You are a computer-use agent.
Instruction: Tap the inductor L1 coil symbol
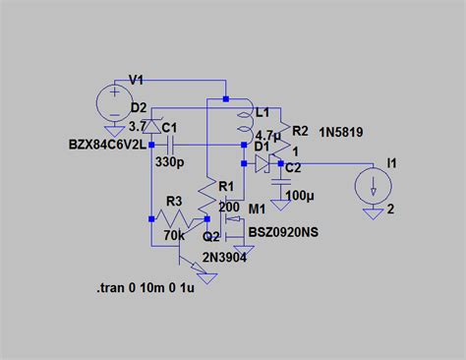coord(244,123)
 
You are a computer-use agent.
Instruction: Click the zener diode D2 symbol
coord(152,126)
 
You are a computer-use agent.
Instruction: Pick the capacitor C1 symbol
coord(154,146)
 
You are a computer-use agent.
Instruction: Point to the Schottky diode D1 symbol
coord(261,163)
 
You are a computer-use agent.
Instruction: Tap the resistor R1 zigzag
coord(207,200)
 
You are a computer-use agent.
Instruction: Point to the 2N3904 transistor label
coord(224,256)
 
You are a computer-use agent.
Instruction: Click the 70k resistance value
coord(174,235)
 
